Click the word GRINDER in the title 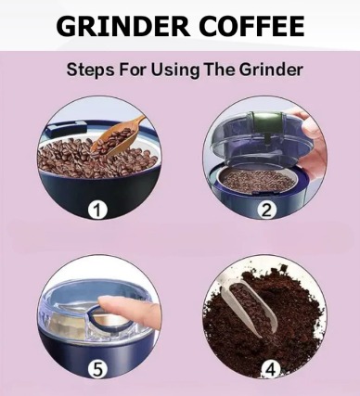(x=123, y=26)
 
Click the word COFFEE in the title (x=252, y=26)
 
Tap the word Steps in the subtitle (x=90, y=70)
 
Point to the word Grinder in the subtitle (x=271, y=70)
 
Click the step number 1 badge (x=97, y=210)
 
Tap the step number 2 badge (x=266, y=210)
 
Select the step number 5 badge (x=97, y=369)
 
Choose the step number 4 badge (x=271, y=369)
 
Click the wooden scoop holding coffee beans (x=119, y=137)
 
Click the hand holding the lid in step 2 (x=313, y=142)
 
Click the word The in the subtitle (x=220, y=70)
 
